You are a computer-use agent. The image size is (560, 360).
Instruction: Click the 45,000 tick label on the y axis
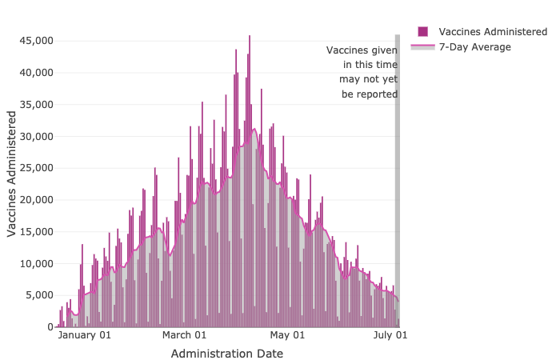coord(37,41)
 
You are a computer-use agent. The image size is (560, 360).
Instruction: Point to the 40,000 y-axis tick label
coord(37,73)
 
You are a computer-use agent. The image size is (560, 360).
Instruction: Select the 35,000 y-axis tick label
coord(37,105)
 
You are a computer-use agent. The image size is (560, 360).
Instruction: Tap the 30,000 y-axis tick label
coord(37,136)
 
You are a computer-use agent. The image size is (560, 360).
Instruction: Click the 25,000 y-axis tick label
coord(37,168)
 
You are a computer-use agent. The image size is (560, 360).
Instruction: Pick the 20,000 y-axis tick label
coord(37,200)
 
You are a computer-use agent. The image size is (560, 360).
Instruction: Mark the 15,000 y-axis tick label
coord(37,232)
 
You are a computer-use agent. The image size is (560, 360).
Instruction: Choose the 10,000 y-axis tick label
coord(37,264)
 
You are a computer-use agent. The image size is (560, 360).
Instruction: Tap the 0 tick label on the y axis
coord(50,327)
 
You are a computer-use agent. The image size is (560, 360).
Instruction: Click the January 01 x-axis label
coord(85,336)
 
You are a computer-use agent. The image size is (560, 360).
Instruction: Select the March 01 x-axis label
coord(184,336)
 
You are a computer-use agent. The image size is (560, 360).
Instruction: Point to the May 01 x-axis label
coord(288,336)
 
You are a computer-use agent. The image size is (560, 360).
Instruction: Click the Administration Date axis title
coord(226,353)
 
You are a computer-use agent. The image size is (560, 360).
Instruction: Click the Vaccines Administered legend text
coord(493,32)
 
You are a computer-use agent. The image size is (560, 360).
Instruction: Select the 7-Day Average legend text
coord(475,47)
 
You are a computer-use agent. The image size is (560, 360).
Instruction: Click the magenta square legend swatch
coord(422,32)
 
